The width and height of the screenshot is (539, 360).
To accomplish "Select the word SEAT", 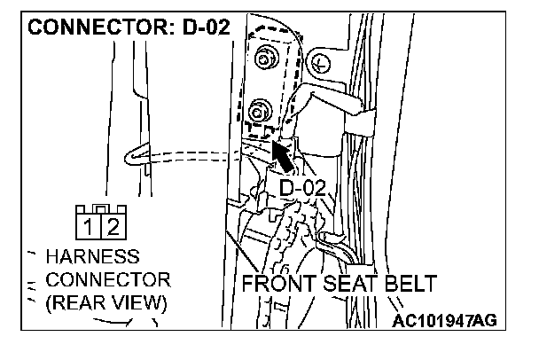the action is coord(340,285).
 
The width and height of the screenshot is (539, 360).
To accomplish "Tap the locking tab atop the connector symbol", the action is coord(102,209).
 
